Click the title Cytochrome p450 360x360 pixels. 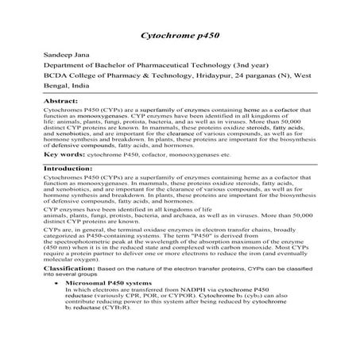179,37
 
